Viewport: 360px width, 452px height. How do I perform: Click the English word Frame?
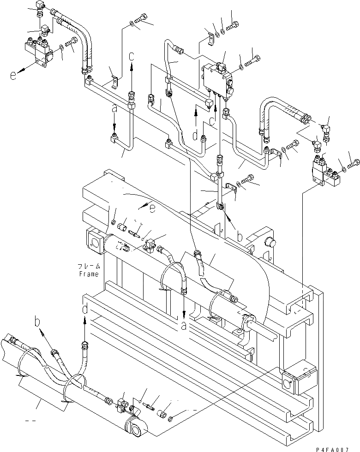pyautogui.click(x=88, y=274)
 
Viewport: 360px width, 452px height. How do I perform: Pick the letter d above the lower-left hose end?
pyautogui.click(x=84, y=309)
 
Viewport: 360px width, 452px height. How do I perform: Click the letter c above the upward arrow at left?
pyautogui.click(x=132, y=57)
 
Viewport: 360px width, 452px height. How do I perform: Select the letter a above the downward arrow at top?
pyautogui.click(x=114, y=110)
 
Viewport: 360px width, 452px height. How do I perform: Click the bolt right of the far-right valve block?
pyautogui.click(x=354, y=162)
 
